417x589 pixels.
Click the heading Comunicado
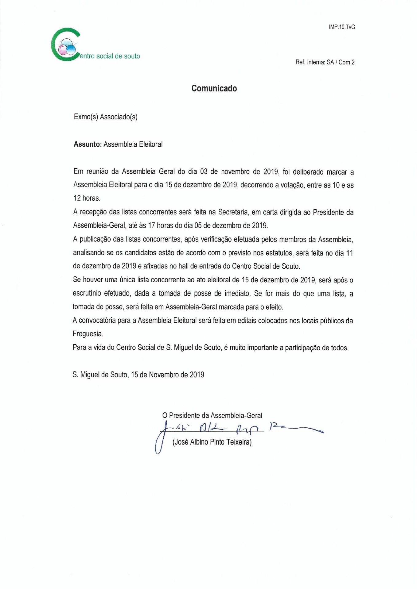pos(214,88)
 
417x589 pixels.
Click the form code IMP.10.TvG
pos(342,27)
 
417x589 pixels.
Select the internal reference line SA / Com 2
pos(325,62)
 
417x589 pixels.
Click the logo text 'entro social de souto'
pos(110,56)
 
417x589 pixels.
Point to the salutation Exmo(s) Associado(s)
pos(106,117)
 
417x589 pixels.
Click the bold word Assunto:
pos(88,144)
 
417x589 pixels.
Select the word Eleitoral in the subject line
pos(150,144)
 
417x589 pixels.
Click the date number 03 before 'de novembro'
pos(204,171)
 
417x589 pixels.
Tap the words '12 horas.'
pos(87,198)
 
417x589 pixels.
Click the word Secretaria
pos(232,212)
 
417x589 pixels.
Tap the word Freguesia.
pos(88,334)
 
